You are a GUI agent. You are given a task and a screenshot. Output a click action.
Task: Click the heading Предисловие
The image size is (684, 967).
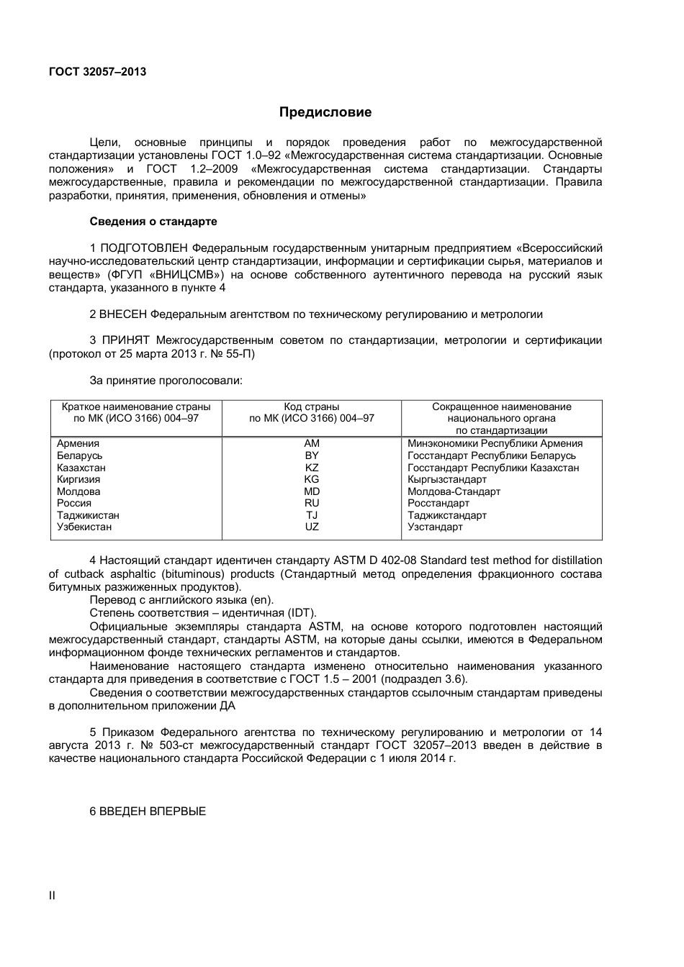point(325,112)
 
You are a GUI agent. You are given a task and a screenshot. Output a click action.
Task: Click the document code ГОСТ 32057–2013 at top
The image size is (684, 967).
point(97,72)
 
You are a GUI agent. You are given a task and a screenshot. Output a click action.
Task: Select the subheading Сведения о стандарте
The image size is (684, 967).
point(153,222)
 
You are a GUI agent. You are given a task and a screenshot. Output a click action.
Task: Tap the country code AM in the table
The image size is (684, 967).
point(312,444)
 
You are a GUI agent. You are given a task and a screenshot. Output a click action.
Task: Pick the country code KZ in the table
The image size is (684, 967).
point(312,468)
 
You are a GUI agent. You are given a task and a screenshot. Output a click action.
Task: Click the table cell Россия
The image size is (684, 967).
point(74,504)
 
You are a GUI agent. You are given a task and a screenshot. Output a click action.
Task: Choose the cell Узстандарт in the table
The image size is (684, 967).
point(435,527)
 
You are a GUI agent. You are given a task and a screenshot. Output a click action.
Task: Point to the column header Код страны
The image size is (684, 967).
point(312,407)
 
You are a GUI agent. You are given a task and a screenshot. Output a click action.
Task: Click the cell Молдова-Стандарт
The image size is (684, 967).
point(454,491)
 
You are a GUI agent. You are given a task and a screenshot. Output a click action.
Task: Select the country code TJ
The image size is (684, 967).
point(312,515)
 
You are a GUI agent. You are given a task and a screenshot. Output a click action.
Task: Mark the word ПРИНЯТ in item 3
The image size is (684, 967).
point(125,340)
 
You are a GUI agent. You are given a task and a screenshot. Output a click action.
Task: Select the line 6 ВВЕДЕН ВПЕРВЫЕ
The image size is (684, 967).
point(148,812)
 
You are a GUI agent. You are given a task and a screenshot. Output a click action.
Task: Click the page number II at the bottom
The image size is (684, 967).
point(52,896)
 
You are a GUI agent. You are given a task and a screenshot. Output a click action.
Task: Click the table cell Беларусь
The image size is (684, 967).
point(80,456)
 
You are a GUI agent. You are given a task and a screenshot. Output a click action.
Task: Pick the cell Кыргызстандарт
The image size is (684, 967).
point(447,480)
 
